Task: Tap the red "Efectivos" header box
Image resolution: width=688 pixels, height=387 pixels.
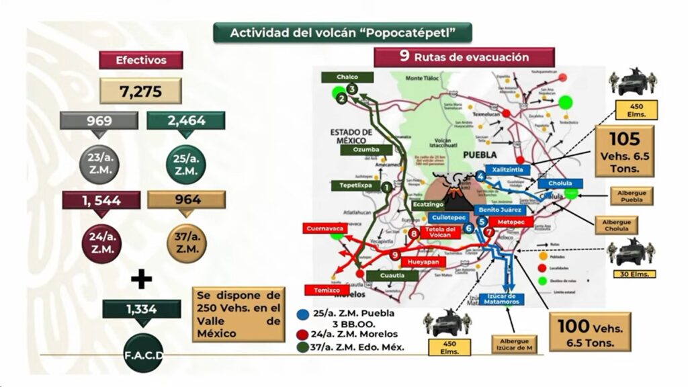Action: [x=132, y=60]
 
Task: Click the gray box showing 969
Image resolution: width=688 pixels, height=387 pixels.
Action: [x=99, y=121]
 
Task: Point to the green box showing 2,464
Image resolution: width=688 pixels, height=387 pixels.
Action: [x=185, y=121]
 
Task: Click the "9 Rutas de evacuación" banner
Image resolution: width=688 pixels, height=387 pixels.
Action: [x=464, y=57]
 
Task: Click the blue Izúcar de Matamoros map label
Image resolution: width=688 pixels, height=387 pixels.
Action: [x=498, y=299]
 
